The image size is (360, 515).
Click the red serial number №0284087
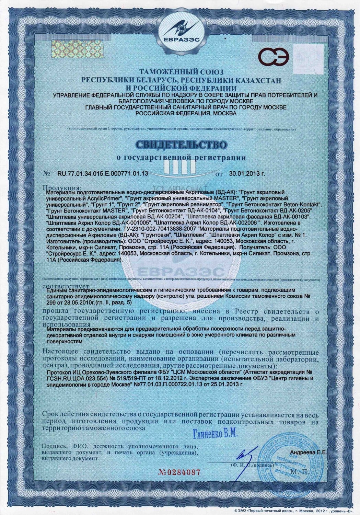tap(179, 472)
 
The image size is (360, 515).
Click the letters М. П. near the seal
tap(299, 472)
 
